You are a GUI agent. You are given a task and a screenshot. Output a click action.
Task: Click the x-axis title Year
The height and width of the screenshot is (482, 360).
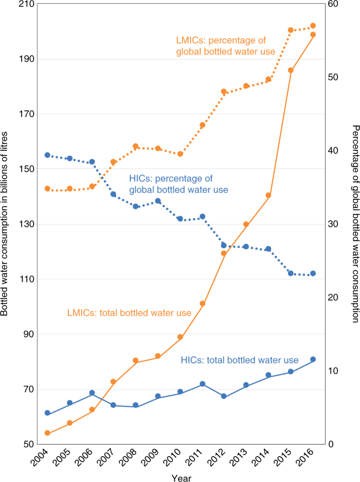(181, 477)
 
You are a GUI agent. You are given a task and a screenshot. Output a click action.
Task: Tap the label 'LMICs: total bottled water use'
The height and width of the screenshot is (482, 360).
(129, 313)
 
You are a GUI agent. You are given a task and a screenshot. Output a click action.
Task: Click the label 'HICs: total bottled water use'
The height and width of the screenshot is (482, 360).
(240, 360)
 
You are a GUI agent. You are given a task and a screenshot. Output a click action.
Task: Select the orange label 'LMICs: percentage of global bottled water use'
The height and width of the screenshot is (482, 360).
(222, 46)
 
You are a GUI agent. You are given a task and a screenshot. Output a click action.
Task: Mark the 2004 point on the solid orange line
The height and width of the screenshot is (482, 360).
(47, 433)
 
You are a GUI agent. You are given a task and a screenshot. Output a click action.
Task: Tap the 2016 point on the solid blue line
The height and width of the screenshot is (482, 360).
(313, 360)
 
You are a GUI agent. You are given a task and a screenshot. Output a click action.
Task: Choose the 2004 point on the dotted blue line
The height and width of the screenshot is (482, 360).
(47, 155)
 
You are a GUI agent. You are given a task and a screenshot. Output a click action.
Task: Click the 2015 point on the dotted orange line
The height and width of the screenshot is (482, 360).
(291, 30)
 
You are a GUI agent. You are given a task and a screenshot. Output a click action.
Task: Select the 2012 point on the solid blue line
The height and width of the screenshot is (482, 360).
(224, 396)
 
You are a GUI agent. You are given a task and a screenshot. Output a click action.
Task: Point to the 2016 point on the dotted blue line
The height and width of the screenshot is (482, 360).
(313, 273)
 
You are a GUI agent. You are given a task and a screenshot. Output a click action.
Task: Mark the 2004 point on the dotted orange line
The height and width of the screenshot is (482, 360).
(47, 189)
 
